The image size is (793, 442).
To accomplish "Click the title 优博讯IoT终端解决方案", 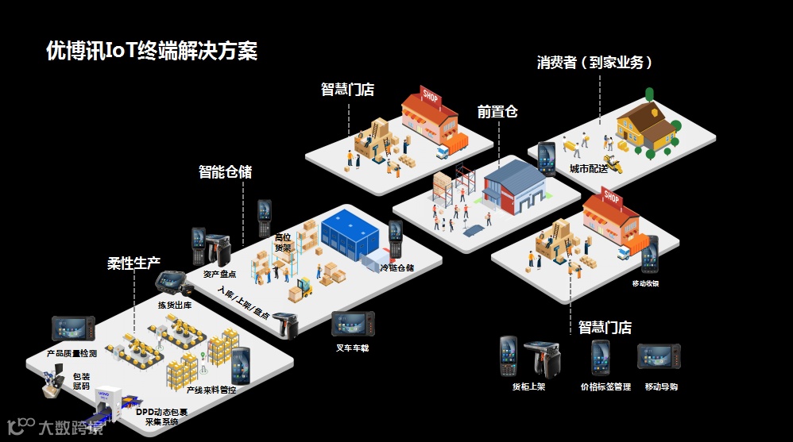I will pos(152,52).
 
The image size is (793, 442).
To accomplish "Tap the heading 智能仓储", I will pos(225,171).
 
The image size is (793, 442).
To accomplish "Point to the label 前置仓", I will pos(497,112).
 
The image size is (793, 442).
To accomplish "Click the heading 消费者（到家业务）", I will pos(595,63).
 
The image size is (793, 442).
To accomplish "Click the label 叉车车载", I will pos(352,348).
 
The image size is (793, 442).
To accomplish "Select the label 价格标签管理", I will pos(605,386).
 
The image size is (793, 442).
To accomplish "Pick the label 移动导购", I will pos(661,386).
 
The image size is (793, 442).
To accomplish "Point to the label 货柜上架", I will pos(528,386).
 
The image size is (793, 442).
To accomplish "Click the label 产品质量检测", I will pos(72,352).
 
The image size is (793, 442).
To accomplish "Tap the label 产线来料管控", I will pos(211,390).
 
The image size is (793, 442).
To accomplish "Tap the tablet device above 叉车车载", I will pos(353,324).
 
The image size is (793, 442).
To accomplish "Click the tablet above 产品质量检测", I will pos(73,329).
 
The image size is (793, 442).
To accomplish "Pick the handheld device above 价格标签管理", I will pos(601,357).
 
